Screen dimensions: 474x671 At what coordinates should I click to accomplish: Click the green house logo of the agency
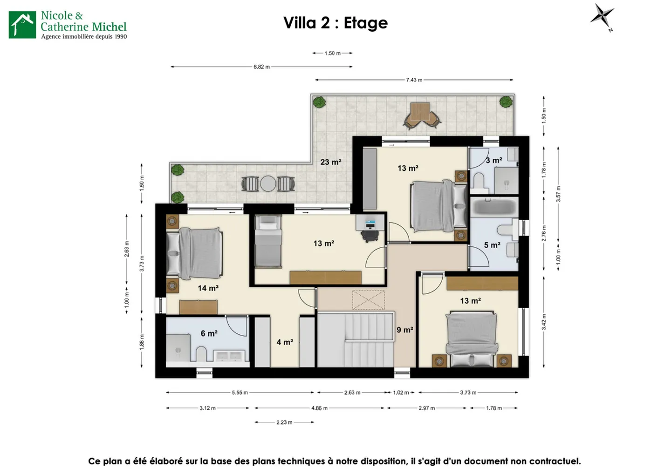(22, 25)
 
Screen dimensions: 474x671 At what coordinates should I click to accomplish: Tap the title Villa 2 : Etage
(335, 23)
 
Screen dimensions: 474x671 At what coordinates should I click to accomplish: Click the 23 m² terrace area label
(330, 162)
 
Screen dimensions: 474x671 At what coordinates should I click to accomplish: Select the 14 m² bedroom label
(208, 288)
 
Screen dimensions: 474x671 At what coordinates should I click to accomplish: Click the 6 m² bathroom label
(209, 333)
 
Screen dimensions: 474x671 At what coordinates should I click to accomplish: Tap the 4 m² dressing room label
(285, 342)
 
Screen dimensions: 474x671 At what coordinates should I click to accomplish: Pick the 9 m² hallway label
(404, 330)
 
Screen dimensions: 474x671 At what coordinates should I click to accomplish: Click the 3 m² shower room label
(494, 160)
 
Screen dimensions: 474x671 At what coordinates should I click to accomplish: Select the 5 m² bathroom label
(492, 245)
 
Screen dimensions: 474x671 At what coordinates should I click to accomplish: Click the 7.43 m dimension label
(414, 80)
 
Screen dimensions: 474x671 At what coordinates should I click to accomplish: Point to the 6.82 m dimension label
(261, 67)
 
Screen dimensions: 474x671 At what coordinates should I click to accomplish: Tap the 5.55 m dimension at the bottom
(240, 393)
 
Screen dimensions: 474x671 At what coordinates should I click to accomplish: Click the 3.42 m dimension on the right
(544, 322)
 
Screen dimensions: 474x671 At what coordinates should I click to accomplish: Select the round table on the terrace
(268, 183)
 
